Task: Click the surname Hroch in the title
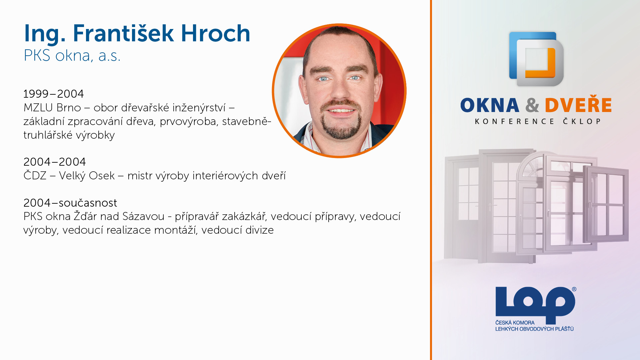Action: pyautogui.click(x=215, y=33)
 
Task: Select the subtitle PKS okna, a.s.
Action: pyautogui.click(x=72, y=56)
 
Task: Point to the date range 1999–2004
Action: pyautogui.click(x=53, y=94)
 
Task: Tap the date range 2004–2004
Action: pyautogui.click(x=54, y=162)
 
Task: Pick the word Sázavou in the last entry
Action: pyautogui.click(x=143, y=216)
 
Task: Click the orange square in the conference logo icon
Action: pyautogui.click(x=540, y=63)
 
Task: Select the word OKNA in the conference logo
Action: pyautogui.click(x=490, y=105)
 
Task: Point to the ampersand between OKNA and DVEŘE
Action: pyautogui.click(x=532, y=105)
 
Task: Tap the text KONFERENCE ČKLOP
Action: pyautogui.click(x=538, y=121)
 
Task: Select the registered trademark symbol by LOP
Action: pyautogui.click(x=574, y=289)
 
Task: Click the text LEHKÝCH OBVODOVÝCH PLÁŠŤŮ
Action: pyautogui.click(x=534, y=329)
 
